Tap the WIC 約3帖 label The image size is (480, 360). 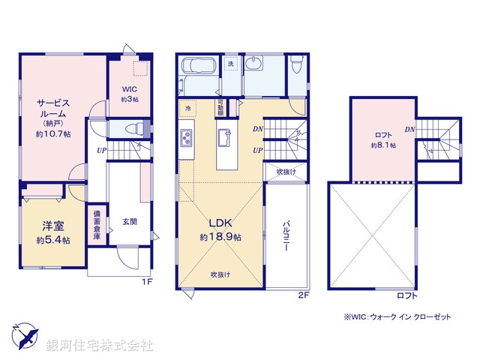tap(129, 97)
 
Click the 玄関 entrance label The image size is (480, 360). tap(128, 222)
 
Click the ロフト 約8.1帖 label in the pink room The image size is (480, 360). tap(382, 140)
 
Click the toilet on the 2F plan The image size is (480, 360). tap(296, 66)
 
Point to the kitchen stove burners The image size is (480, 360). tap(186, 139)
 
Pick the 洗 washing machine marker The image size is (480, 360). tap(231, 64)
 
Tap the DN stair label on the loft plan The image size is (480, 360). tap(410, 129)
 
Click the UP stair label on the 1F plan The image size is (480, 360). tap(100, 151)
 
